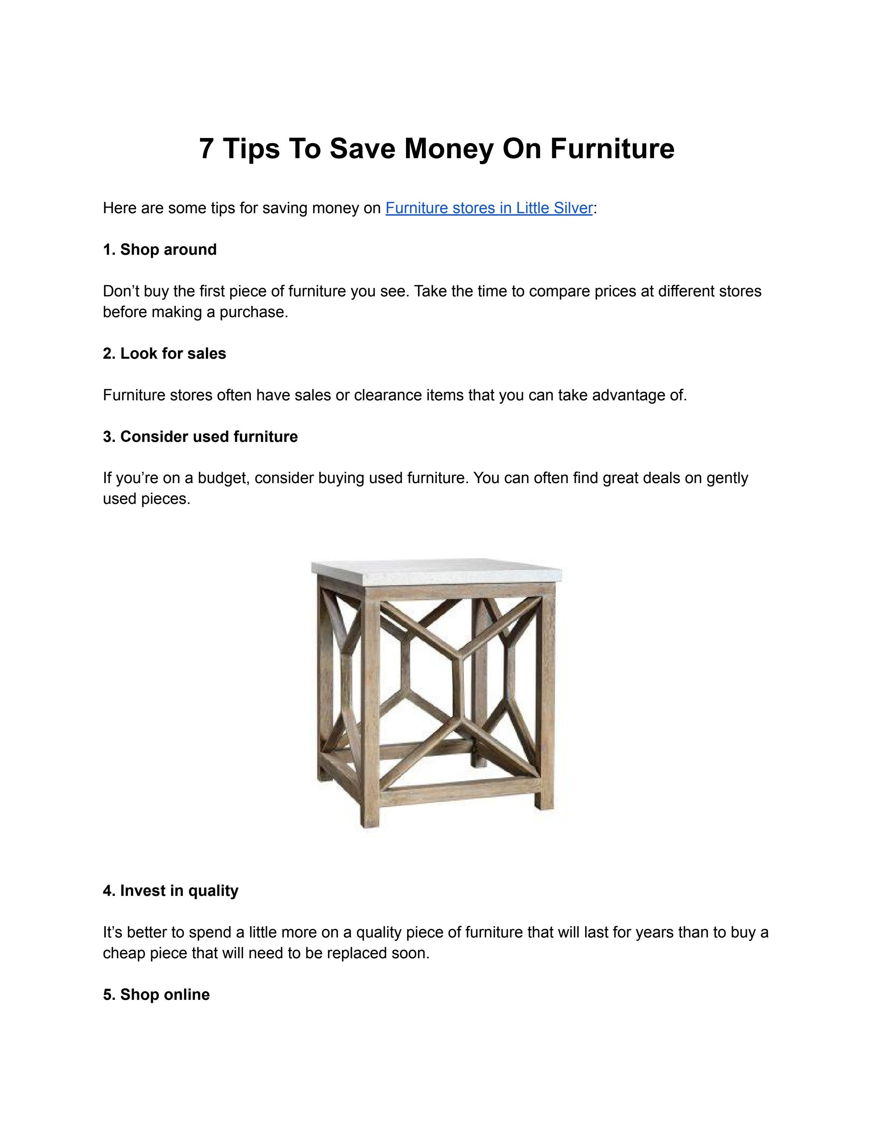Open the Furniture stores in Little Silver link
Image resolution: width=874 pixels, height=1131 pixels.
pos(488,208)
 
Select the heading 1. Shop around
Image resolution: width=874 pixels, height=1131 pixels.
pos(160,249)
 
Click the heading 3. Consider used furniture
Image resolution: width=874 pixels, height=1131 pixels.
pos(200,437)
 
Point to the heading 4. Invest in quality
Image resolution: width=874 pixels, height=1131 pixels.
pos(170,891)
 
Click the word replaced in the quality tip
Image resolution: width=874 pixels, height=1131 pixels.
pos(357,953)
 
